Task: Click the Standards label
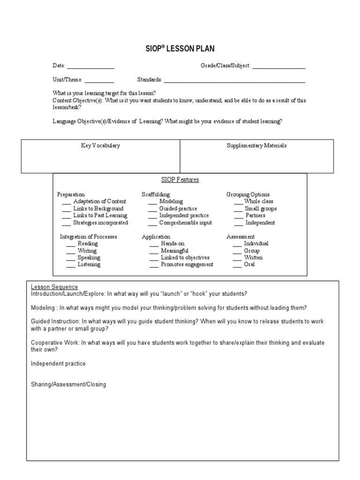pyautogui.click(x=150, y=80)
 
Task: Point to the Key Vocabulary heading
pyautogui.click(x=101, y=145)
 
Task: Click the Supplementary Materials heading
pyautogui.click(x=256, y=145)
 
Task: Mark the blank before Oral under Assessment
pyautogui.click(x=237, y=265)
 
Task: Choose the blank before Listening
pyautogui.click(x=70, y=265)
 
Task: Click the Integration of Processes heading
pyautogui.click(x=88, y=237)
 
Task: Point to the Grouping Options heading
pyautogui.click(x=248, y=195)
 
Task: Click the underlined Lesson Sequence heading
pyautogui.click(x=54, y=287)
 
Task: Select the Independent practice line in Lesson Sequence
pyautogui.click(x=58, y=363)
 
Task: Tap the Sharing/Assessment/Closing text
pyautogui.click(x=68, y=384)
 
